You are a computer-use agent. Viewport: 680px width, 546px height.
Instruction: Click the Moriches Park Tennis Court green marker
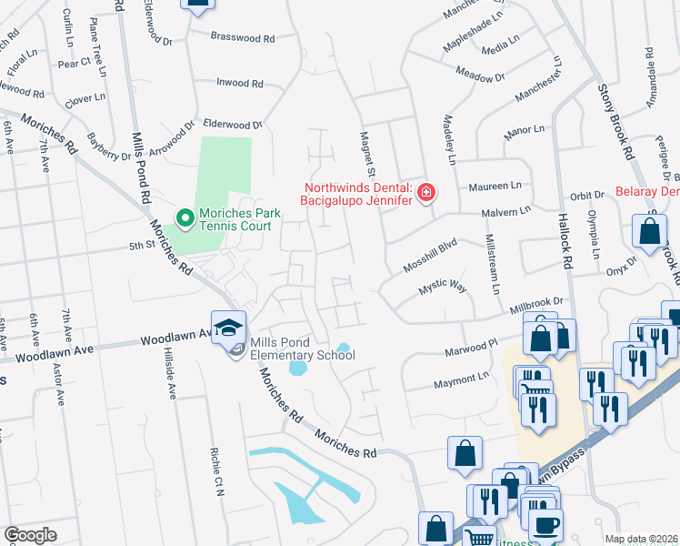tap(185, 217)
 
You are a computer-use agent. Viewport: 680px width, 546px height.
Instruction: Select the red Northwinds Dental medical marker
tap(425, 192)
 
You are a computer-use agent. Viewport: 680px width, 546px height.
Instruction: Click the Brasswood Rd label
tap(243, 39)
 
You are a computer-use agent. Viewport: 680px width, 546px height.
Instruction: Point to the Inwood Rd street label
tap(239, 83)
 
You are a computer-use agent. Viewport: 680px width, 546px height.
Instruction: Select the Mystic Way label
tap(442, 288)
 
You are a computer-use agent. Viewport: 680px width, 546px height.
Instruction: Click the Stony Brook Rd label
tap(615, 119)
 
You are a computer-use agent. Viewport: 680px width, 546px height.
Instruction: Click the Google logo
tap(30, 535)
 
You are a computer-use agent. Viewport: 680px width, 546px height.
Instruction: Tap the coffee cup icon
tap(545, 526)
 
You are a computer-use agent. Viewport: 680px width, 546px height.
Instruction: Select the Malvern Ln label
tap(507, 214)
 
